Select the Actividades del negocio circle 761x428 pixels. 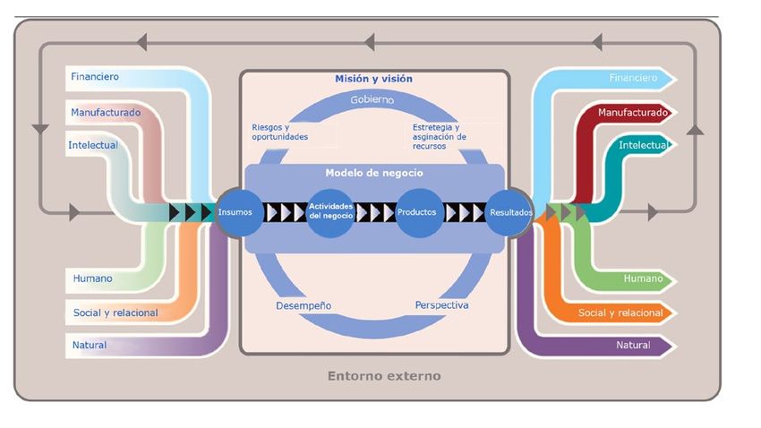pos(330,213)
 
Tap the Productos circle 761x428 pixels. pos(419,213)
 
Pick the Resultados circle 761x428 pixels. pos(510,213)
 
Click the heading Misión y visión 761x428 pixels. pos(373,80)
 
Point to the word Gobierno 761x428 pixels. pos(372,99)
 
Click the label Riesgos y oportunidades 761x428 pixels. pos(279,132)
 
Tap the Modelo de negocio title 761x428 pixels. pos(373,173)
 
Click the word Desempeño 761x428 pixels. pos(304,305)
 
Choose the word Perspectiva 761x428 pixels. pos(441,305)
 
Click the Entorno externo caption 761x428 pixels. pos(384,376)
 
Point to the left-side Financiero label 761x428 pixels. pos(95,77)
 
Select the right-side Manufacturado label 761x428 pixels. pos(632,113)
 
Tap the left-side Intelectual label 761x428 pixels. pos(93,145)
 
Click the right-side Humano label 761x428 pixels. pos(643,279)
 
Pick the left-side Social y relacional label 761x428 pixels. pos(115,312)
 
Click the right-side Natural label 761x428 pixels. pos(633,345)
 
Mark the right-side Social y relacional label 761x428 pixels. pos(620,312)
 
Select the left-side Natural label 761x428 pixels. pos(90,345)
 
